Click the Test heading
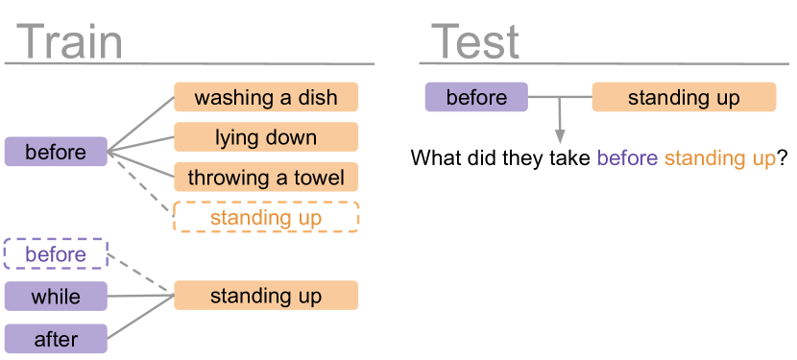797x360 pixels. (475, 43)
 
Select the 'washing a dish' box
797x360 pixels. (266, 97)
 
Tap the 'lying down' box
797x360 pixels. (266, 137)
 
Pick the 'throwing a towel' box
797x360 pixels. (266, 178)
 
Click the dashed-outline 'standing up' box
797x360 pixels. (266, 218)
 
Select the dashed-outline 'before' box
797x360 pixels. (56, 254)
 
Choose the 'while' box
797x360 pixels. (56, 296)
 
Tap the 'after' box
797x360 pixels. (56, 338)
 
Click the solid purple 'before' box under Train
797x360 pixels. (56, 152)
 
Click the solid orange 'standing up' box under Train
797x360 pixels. (266, 296)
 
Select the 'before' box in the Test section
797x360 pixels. (476, 98)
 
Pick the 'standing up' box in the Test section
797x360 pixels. (684, 98)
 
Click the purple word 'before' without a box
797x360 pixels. (628, 158)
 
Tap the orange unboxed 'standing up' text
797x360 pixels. (720, 158)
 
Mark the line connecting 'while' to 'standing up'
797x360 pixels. (140, 296)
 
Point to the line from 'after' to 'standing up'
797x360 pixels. (140, 317)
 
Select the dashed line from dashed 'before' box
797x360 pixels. (140, 275)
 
